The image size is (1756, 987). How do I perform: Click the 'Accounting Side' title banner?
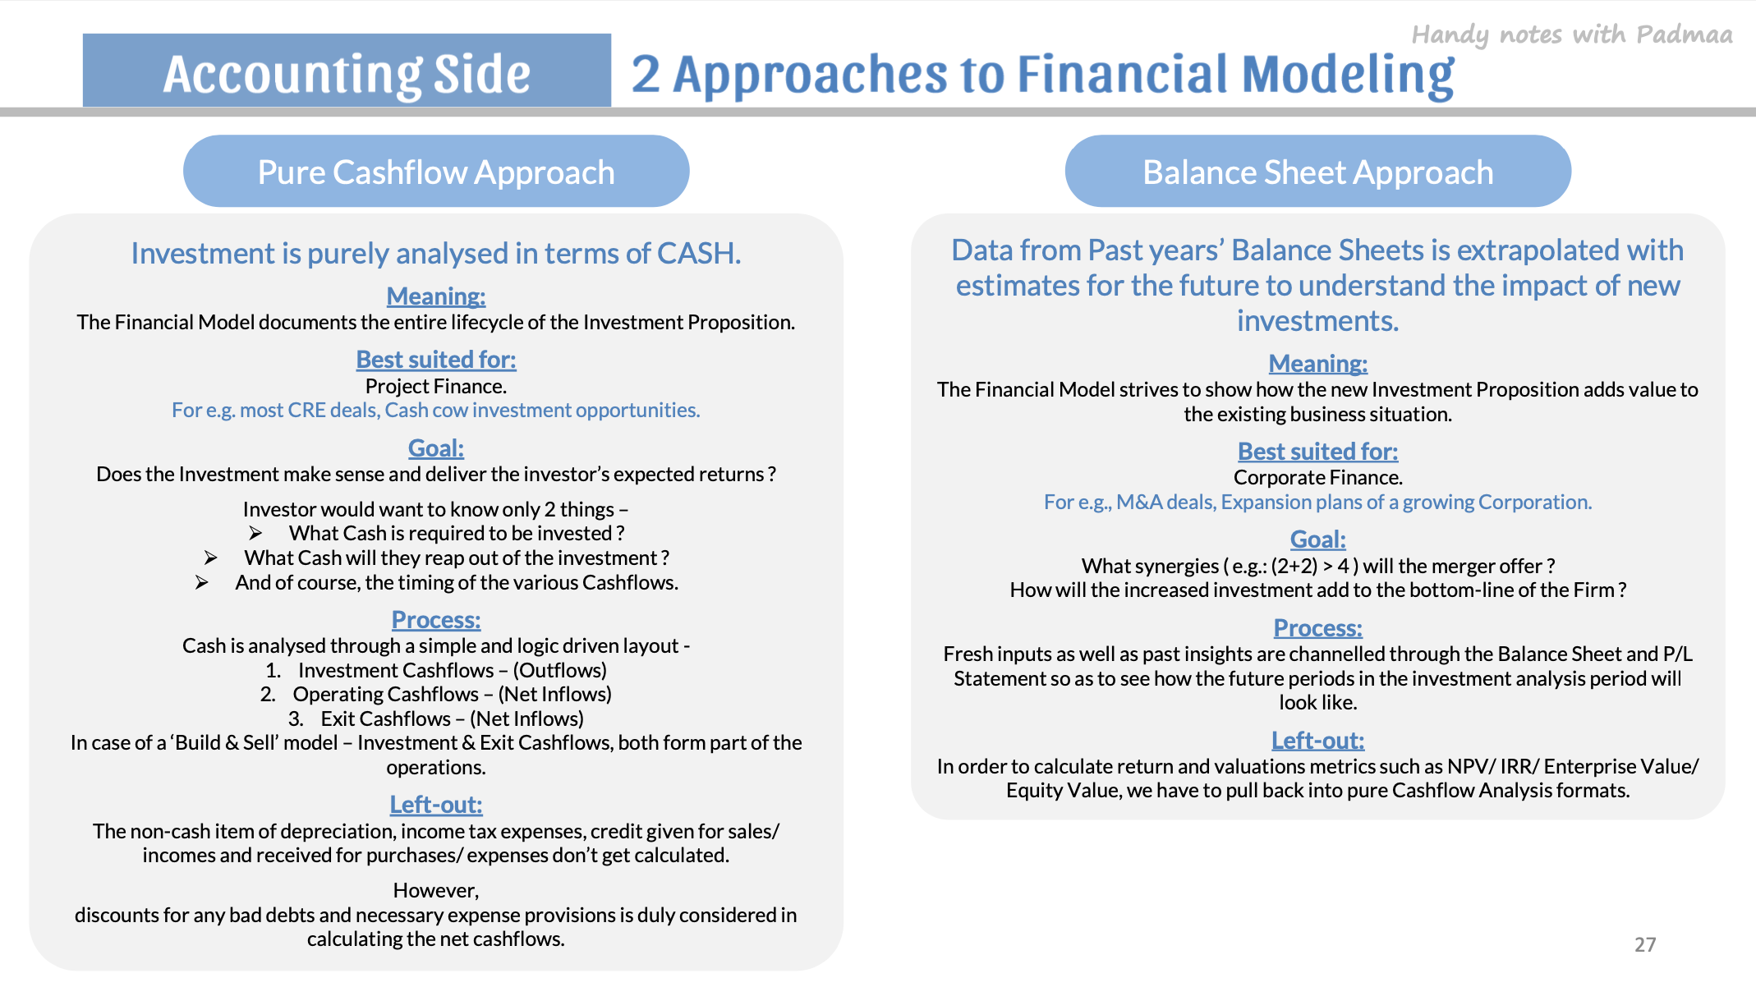[x=347, y=71]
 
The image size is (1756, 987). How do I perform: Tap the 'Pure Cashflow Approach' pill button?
[x=436, y=171]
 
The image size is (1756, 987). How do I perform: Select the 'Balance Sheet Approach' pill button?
[x=1318, y=171]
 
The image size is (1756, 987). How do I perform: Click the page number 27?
[x=1645, y=944]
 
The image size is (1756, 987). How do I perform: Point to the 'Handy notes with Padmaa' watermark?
[x=1572, y=34]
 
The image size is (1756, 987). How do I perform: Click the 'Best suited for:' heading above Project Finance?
[x=436, y=360]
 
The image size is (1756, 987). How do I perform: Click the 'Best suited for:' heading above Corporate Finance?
[x=1318, y=452]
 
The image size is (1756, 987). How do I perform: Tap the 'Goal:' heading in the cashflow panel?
[x=436, y=448]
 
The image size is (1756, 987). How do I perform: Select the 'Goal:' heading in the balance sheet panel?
[x=1318, y=539]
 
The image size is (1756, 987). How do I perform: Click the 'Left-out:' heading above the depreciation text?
[x=436, y=805]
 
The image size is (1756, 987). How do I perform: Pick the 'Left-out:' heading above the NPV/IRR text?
[x=1318, y=741]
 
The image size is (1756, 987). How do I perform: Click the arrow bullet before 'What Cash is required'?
[x=255, y=534]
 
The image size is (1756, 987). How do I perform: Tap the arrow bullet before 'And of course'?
[x=202, y=583]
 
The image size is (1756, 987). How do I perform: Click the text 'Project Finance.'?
[x=436, y=386]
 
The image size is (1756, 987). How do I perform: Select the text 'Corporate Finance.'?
[x=1318, y=478]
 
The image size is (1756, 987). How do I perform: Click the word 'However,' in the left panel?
[x=436, y=891]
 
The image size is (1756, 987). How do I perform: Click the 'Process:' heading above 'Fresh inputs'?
[x=1318, y=628]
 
